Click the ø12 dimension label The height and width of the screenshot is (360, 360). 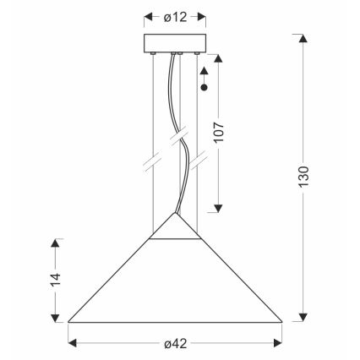[x=176, y=16]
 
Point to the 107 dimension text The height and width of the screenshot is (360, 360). [x=221, y=145]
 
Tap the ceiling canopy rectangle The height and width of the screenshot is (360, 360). [x=177, y=44]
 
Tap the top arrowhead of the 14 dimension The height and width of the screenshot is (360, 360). [x=57, y=243]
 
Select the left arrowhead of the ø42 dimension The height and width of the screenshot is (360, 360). [x=73, y=342]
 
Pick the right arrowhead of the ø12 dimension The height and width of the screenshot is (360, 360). [x=204, y=16]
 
